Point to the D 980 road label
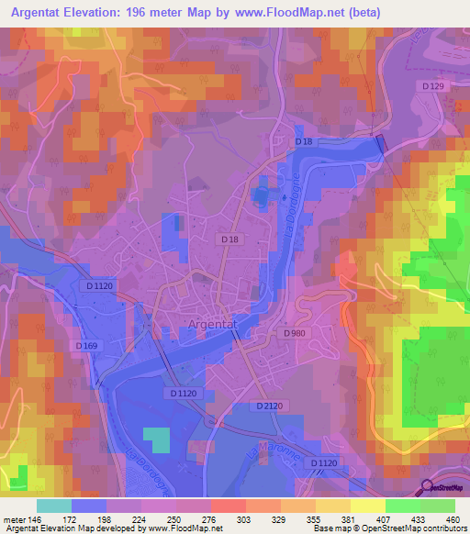[x=295, y=333]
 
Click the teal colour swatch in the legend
[x=54, y=506]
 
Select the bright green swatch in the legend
[x=402, y=506]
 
